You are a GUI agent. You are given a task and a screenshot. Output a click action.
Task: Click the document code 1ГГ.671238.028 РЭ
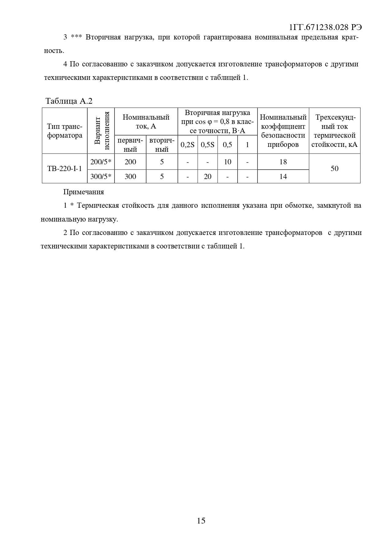(325, 27)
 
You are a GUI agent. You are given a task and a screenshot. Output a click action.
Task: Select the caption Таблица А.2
(69, 101)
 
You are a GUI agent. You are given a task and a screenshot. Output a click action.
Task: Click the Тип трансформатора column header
(65, 131)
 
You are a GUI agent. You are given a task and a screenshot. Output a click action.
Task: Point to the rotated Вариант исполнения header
(101, 131)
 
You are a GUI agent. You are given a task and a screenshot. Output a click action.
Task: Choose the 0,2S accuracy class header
(187, 145)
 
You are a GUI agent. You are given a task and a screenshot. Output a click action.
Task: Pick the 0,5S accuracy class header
(207, 145)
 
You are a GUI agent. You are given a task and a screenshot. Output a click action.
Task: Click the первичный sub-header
(130, 145)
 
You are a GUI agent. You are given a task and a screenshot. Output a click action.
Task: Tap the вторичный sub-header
(162, 145)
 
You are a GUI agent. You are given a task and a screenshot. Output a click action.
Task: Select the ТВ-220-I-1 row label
(65, 169)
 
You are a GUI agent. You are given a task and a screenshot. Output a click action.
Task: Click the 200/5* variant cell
(101, 162)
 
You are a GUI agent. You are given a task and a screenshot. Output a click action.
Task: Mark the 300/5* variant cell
(101, 177)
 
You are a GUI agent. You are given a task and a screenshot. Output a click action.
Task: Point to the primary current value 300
(130, 177)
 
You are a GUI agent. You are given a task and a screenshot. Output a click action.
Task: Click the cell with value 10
(228, 162)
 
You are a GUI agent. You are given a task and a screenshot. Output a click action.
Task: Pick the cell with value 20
(208, 177)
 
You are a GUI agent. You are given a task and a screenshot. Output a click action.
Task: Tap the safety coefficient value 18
(283, 162)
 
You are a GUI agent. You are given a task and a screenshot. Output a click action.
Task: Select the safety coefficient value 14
(283, 177)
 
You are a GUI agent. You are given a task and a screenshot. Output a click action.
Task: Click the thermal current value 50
(334, 169)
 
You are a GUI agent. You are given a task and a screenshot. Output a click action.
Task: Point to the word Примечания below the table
(84, 192)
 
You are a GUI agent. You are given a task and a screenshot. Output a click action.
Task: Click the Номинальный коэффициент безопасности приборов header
(283, 131)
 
